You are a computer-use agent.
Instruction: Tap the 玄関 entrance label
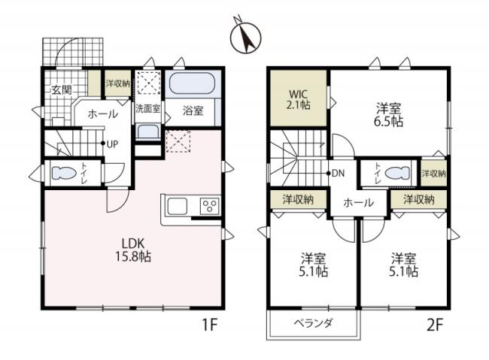pyautogui.click(x=61, y=90)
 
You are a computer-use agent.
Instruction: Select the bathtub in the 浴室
pyautogui.click(x=192, y=85)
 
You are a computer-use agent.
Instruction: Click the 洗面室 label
pyautogui.click(x=147, y=109)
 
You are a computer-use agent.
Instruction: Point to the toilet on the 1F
pyautogui.click(x=65, y=174)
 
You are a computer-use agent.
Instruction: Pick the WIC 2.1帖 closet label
pyautogui.click(x=299, y=99)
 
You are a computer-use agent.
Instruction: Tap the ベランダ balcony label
pyautogui.click(x=313, y=323)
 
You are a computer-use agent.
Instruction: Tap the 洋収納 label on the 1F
pyautogui.click(x=117, y=83)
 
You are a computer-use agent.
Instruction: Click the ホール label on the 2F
pyautogui.click(x=359, y=202)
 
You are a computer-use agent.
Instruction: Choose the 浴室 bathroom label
pyautogui.click(x=193, y=111)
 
